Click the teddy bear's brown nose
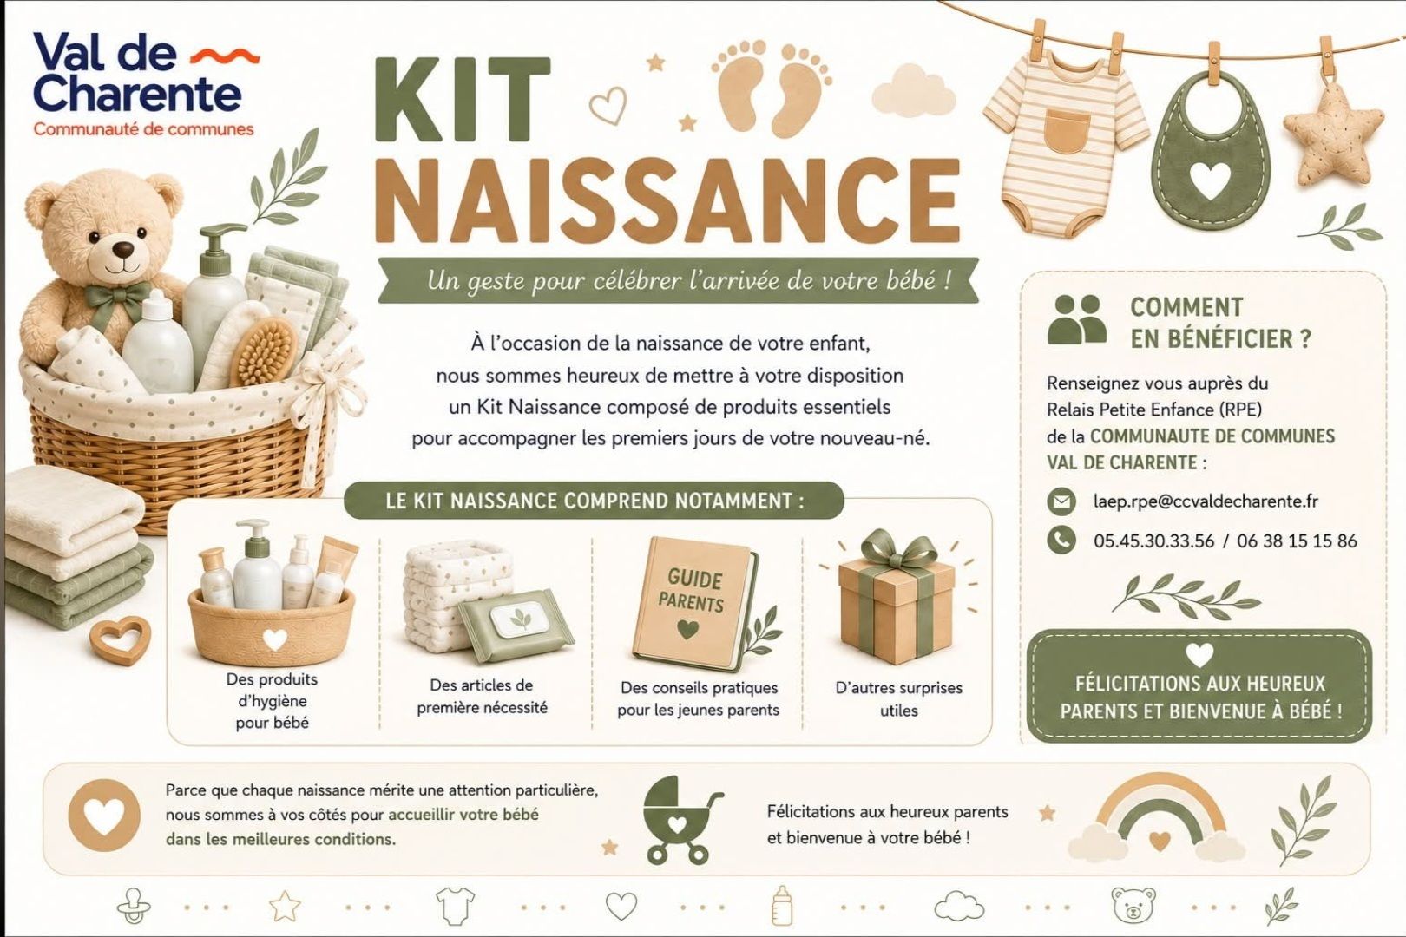[126, 248]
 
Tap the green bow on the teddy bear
[117, 296]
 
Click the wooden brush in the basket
[264, 351]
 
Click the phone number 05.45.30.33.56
[1153, 541]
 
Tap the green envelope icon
[1061, 501]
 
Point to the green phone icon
[1061, 541]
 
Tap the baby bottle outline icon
[781, 905]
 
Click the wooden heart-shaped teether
[120, 642]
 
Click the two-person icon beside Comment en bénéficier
[1077, 319]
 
